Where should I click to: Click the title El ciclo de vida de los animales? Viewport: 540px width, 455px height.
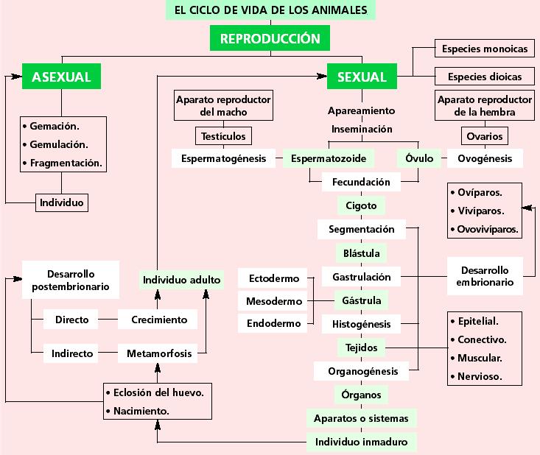click(x=270, y=11)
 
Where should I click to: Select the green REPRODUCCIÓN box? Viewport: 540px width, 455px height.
click(x=270, y=39)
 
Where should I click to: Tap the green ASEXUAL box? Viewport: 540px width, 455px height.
click(x=61, y=77)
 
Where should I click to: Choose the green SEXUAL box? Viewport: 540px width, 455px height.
click(x=362, y=77)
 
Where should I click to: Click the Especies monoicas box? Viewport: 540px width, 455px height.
click(x=484, y=49)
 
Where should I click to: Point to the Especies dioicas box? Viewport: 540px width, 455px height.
click(x=484, y=77)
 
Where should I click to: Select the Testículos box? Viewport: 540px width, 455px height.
click(x=224, y=136)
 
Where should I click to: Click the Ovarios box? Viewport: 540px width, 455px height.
click(x=485, y=136)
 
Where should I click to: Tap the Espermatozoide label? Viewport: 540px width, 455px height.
click(x=329, y=158)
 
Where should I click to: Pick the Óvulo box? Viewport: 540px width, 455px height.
click(x=418, y=158)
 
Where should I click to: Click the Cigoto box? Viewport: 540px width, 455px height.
click(x=361, y=205)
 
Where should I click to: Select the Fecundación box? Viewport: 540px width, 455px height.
click(x=361, y=181)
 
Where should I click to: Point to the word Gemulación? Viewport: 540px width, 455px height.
click(x=59, y=144)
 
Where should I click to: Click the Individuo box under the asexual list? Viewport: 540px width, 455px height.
click(x=61, y=202)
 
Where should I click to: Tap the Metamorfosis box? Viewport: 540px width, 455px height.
click(x=159, y=353)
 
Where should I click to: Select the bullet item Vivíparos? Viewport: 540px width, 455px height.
click(x=480, y=211)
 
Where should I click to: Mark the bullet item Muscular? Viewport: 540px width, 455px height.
click(x=480, y=359)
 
